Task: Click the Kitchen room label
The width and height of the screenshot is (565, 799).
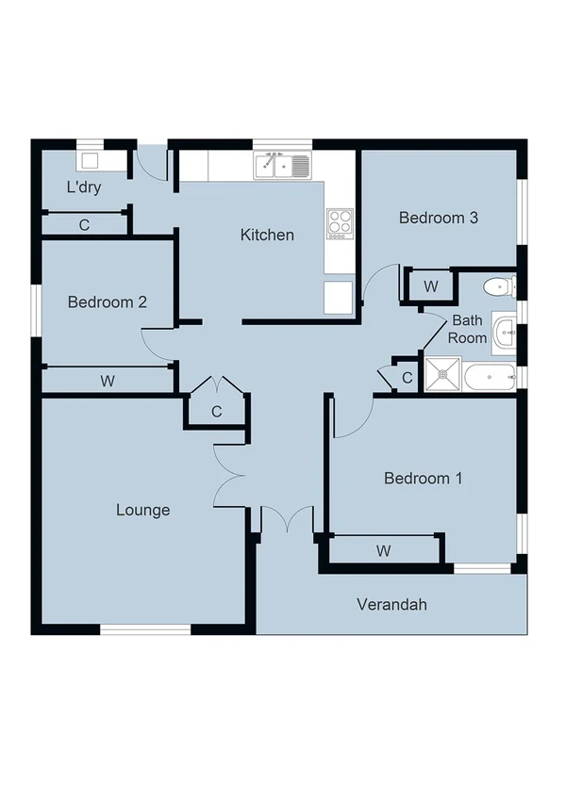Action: (x=267, y=235)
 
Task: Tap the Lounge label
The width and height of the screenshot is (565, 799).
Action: (x=143, y=510)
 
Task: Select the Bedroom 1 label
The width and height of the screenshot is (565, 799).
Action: (x=423, y=479)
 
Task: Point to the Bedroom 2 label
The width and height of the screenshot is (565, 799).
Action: (x=107, y=302)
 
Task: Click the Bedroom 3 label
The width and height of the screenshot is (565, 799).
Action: (x=439, y=218)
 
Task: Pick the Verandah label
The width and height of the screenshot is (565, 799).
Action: (x=391, y=604)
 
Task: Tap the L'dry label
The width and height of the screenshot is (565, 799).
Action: (x=84, y=188)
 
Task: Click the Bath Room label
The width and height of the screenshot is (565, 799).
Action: (x=467, y=329)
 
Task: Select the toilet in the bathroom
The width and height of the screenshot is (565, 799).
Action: (x=497, y=285)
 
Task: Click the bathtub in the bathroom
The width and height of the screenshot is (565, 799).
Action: (x=490, y=378)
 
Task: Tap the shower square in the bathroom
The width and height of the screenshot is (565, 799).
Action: (x=442, y=375)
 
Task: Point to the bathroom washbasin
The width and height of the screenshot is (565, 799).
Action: (x=505, y=331)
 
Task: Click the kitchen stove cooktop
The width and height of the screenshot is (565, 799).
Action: (x=340, y=222)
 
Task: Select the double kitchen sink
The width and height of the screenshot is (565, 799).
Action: (x=282, y=166)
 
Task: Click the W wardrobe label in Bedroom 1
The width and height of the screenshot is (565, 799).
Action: (x=384, y=550)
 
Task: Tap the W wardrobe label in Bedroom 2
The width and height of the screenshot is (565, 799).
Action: (x=108, y=381)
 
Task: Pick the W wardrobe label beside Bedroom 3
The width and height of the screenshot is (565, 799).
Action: (x=430, y=285)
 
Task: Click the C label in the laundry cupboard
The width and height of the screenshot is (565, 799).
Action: (x=84, y=225)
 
